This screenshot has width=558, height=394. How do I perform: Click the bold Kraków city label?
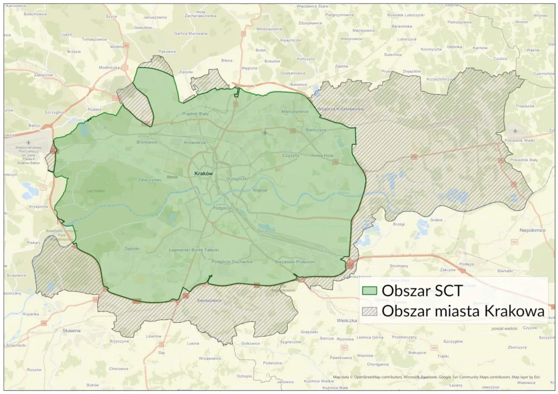point(202,173)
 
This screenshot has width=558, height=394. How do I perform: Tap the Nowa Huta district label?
point(322,156)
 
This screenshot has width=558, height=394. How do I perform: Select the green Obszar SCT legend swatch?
point(369,291)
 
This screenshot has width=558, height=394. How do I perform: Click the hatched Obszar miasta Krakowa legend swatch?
point(369,311)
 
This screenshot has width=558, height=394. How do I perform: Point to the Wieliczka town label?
point(346,321)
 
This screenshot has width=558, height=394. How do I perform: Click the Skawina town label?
point(72,330)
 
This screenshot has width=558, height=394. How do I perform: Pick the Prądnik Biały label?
point(196,114)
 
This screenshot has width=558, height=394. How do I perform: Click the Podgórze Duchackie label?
point(232,262)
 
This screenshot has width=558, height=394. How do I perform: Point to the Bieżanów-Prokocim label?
point(295,262)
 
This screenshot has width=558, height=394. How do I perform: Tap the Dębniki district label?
point(132,249)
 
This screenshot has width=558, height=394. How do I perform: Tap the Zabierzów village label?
point(44,75)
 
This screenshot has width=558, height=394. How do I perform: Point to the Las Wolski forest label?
point(96,191)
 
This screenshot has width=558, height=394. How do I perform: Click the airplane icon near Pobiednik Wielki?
point(516,131)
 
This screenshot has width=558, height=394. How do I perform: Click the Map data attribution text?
point(436,377)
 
